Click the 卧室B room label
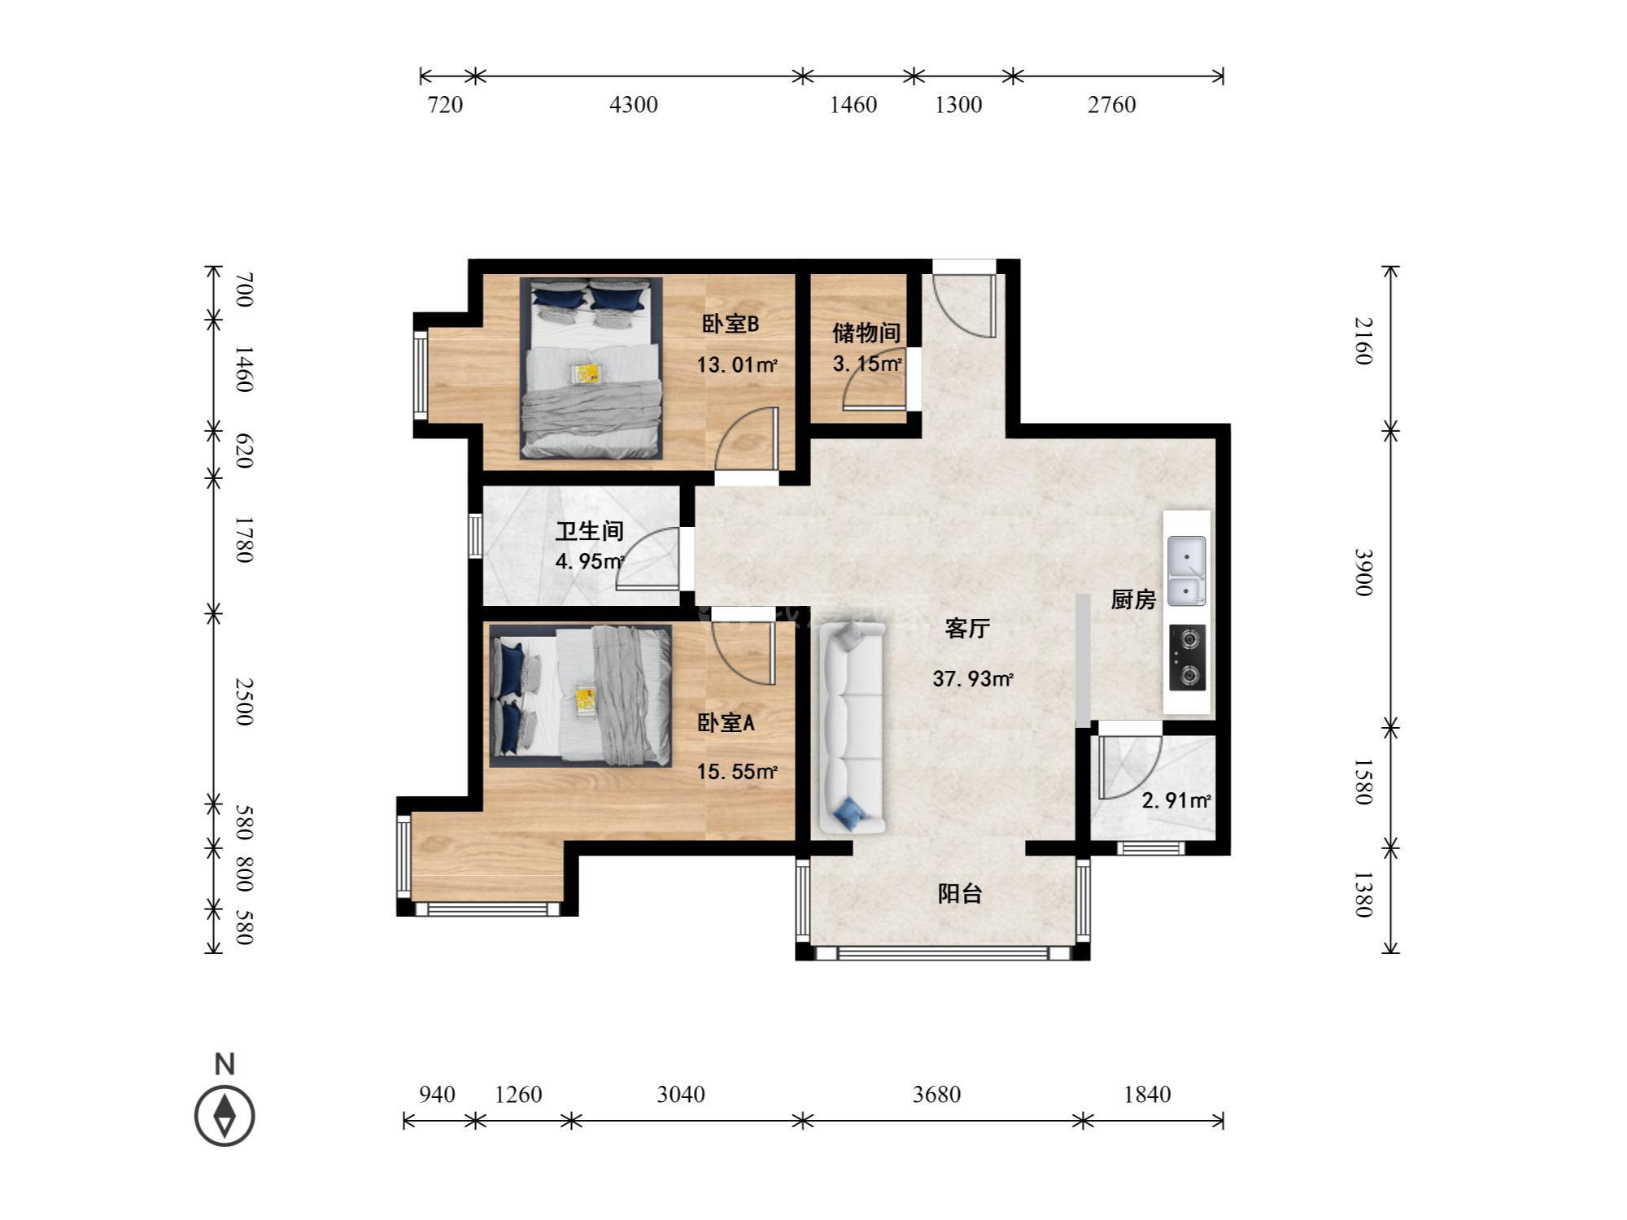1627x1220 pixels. tap(731, 324)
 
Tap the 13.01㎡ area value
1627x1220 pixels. tap(737, 365)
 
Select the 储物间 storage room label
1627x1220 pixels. tap(866, 333)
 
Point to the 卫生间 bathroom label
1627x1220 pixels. tap(590, 531)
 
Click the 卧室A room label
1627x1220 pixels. tap(726, 722)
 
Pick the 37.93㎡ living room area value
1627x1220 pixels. tap(973, 678)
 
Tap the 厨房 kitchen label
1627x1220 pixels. tap(1133, 599)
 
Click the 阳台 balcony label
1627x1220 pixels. tap(960, 894)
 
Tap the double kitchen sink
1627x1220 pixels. tap(1187, 571)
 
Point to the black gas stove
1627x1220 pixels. tap(1188, 658)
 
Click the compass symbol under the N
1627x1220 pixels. tap(225, 1116)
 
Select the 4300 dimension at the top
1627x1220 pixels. tap(634, 105)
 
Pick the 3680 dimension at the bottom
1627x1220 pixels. tap(936, 1094)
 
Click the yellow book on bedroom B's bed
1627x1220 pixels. tap(586, 373)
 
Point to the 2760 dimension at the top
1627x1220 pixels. tap(1112, 105)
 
